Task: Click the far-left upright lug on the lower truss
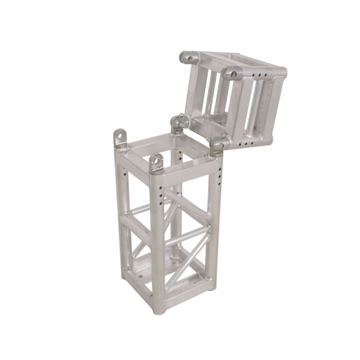click(x=120, y=138)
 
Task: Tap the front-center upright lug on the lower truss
click(x=157, y=163)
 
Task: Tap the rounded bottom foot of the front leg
click(x=159, y=309)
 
